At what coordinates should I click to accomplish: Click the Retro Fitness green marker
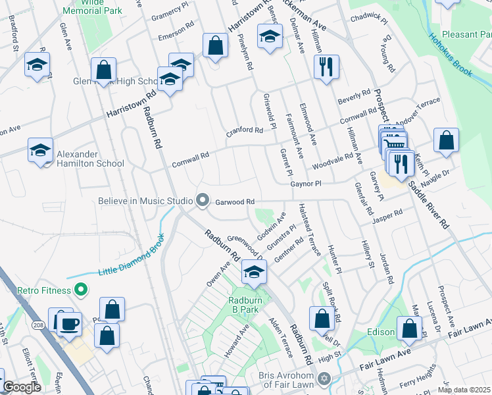(80, 289)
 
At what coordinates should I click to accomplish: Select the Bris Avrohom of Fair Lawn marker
(323, 379)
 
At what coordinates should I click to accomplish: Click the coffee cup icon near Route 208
(70, 323)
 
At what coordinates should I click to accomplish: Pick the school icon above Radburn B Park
(253, 272)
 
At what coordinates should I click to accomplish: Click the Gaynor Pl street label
(305, 184)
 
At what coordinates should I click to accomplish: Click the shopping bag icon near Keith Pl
(446, 140)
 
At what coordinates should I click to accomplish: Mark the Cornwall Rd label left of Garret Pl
(190, 156)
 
